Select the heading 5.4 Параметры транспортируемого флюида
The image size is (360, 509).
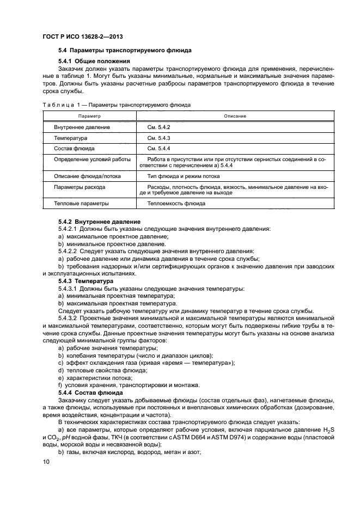[125, 50]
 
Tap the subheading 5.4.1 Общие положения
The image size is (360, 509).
[94, 61]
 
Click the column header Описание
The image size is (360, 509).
[235, 116]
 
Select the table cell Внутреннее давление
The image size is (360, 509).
[82, 127]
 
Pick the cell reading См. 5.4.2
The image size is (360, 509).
[159, 127]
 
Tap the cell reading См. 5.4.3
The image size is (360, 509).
[159, 138]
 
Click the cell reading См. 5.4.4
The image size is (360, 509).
[159, 149]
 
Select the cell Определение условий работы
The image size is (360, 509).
[92, 160]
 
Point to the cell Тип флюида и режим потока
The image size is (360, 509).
[184, 177]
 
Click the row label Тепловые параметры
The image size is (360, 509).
[81, 204]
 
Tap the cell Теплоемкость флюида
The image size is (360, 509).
[176, 204]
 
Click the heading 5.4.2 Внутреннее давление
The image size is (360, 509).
[99, 222]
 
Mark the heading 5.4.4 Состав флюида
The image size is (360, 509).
[91, 393]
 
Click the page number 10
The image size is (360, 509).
[46, 462]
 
